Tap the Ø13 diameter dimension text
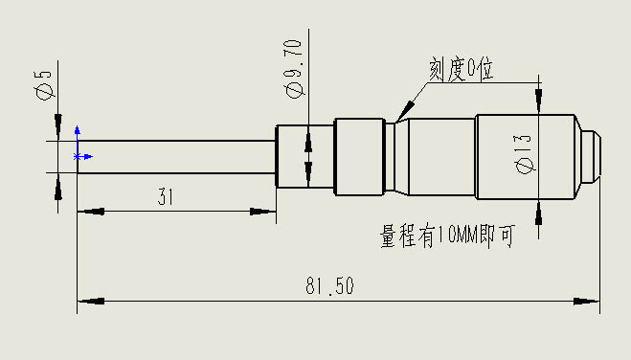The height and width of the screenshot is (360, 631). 523,154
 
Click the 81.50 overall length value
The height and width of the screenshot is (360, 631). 328,285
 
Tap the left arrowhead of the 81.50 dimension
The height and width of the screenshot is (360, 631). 89,302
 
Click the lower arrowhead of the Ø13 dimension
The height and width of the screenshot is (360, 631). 539,213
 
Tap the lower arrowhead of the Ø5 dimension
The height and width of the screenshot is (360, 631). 57,187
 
